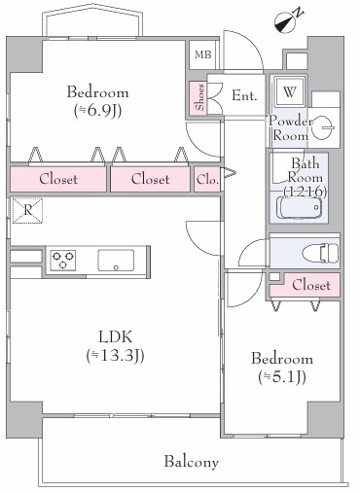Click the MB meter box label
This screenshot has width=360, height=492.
click(203, 54)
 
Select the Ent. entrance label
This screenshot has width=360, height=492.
click(244, 95)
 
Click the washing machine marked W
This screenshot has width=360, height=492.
click(290, 91)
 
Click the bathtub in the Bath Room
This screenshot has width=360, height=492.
click(299, 207)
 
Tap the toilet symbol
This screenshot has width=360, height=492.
click(320, 253)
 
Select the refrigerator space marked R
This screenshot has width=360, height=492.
click(27, 211)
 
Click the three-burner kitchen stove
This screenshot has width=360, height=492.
click(63, 260)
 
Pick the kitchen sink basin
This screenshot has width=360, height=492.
click(116, 260)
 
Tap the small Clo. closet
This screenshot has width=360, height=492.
click(207, 179)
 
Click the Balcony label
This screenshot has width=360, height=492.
click(192, 462)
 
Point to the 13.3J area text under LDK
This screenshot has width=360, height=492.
click(116, 356)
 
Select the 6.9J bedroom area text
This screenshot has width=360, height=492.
click(97, 111)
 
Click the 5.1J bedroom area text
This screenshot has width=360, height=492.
click(282, 377)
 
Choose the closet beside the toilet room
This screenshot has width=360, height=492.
click(305, 285)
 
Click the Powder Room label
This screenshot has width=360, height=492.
click(289, 127)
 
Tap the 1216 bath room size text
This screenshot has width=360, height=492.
click(306, 192)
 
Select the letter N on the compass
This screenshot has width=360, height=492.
click(298, 13)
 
